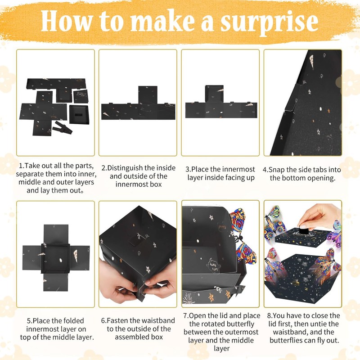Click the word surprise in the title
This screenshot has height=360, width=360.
point(269,22)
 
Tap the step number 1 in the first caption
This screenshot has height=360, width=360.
point(21,166)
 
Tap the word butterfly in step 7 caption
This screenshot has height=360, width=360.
point(239,324)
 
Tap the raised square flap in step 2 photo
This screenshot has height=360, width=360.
point(148,95)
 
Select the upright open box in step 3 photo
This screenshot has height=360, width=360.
point(214,94)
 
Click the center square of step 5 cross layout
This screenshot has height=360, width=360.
point(55,258)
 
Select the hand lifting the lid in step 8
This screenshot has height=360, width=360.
point(319,217)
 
